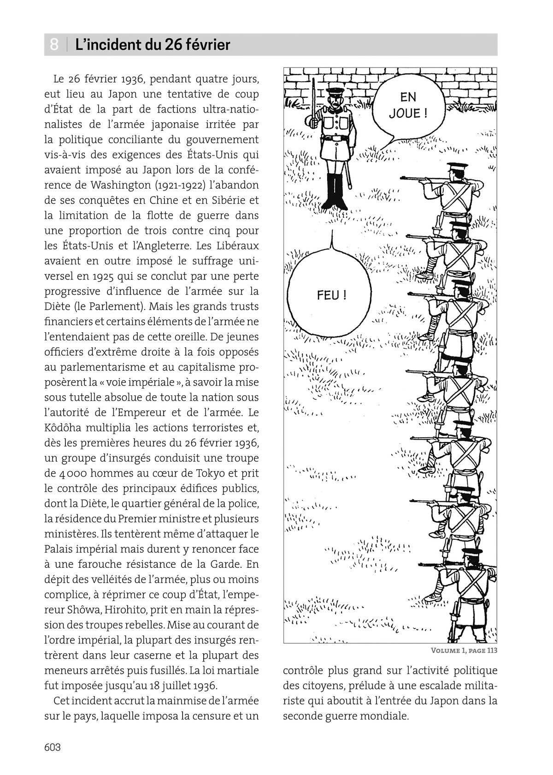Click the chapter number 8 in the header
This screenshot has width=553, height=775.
pyautogui.click(x=54, y=45)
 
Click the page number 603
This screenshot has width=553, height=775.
pyautogui.click(x=53, y=747)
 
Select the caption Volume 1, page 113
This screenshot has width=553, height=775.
pyautogui.click(x=464, y=651)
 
